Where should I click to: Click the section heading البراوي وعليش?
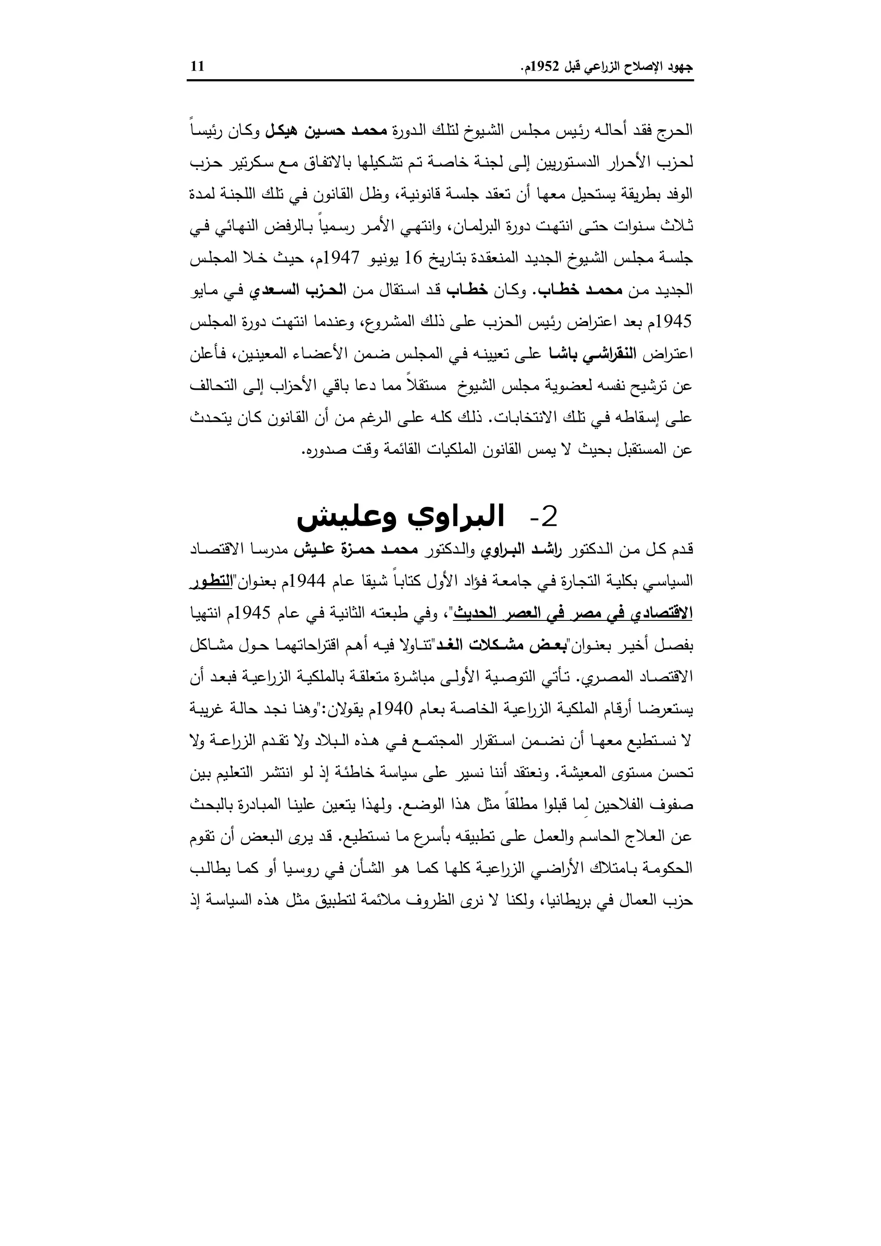coord(400,517)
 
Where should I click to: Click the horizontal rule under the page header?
coord(440,81)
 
